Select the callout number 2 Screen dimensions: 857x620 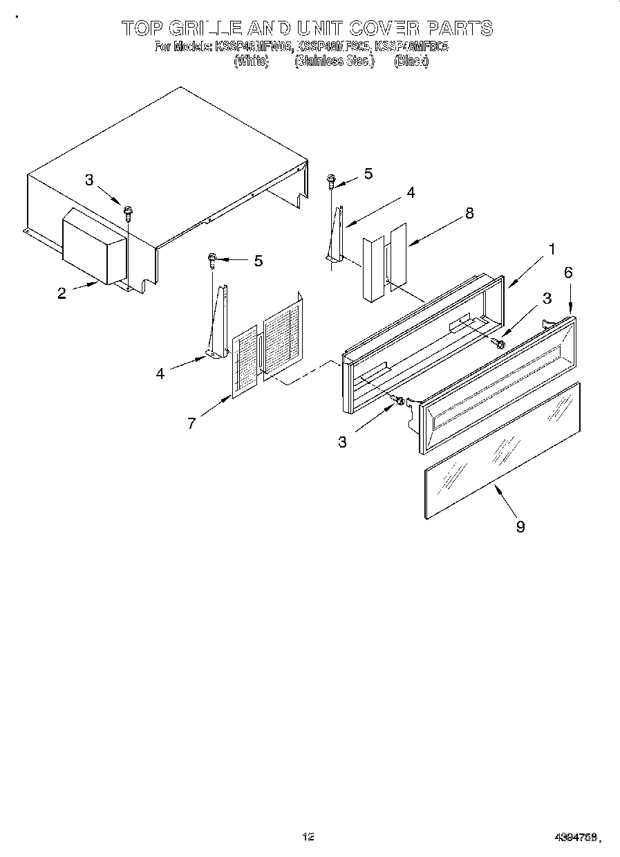[x=62, y=293]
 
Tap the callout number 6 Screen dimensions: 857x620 [x=568, y=273]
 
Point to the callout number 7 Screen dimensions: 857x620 [x=191, y=423]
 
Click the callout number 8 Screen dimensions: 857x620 [x=469, y=214]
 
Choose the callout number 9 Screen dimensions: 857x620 [x=520, y=526]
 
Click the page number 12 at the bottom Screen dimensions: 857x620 [x=308, y=836]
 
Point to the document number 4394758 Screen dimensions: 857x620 [x=576, y=837]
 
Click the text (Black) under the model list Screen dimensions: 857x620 [x=411, y=62]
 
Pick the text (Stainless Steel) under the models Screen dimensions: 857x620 [x=334, y=62]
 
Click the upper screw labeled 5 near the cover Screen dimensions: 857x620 [x=331, y=182]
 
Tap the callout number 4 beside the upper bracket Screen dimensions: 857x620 [x=411, y=193]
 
